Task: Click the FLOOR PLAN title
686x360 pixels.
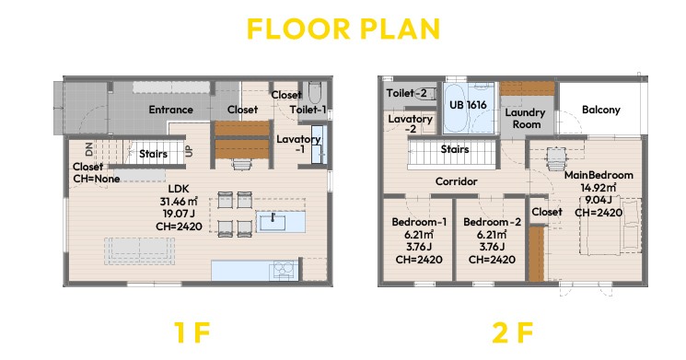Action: click(343, 29)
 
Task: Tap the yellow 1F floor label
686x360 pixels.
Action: click(192, 332)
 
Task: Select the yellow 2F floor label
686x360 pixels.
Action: click(512, 332)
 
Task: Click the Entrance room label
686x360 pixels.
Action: click(170, 110)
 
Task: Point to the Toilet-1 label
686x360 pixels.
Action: click(308, 110)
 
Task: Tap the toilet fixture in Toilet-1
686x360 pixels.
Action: click(315, 92)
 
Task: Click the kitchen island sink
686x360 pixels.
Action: click(273, 222)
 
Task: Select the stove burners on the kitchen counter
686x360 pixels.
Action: click(284, 270)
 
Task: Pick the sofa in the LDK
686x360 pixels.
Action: click(140, 251)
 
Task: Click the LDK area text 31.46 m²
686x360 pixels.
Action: click(179, 202)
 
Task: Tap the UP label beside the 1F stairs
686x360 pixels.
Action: click(189, 151)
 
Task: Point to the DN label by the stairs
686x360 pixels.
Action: click(89, 149)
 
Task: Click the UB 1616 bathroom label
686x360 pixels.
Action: click(468, 105)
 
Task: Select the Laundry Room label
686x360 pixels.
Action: click(526, 119)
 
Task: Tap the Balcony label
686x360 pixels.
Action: click(600, 110)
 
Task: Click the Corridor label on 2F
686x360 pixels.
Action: click(457, 181)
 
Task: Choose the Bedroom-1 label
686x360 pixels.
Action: click(419, 222)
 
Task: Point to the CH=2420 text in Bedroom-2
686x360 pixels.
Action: click(492, 260)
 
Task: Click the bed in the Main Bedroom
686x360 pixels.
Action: click(610, 226)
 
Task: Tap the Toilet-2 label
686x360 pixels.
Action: click(406, 93)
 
